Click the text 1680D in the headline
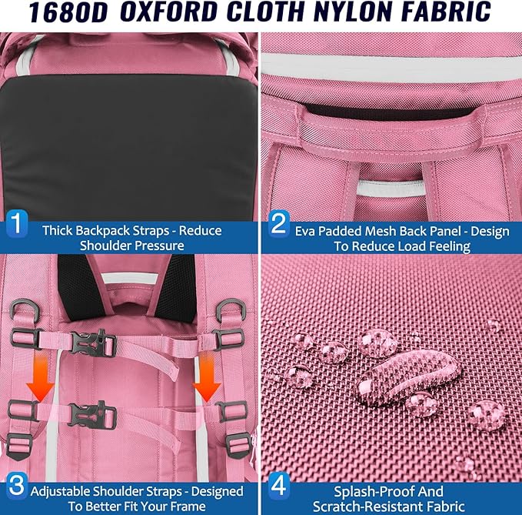coord(68,12)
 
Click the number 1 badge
coord(17,223)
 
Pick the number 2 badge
coord(278,224)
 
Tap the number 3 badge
coord(17,485)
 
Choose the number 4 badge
coord(278,485)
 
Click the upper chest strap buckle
coord(92,343)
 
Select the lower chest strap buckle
coord(92,415)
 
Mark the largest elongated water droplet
coord(409,376)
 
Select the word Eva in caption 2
coord(305,232)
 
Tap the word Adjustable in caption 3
coord(60,492)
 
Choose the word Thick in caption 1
coord(58,230)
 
